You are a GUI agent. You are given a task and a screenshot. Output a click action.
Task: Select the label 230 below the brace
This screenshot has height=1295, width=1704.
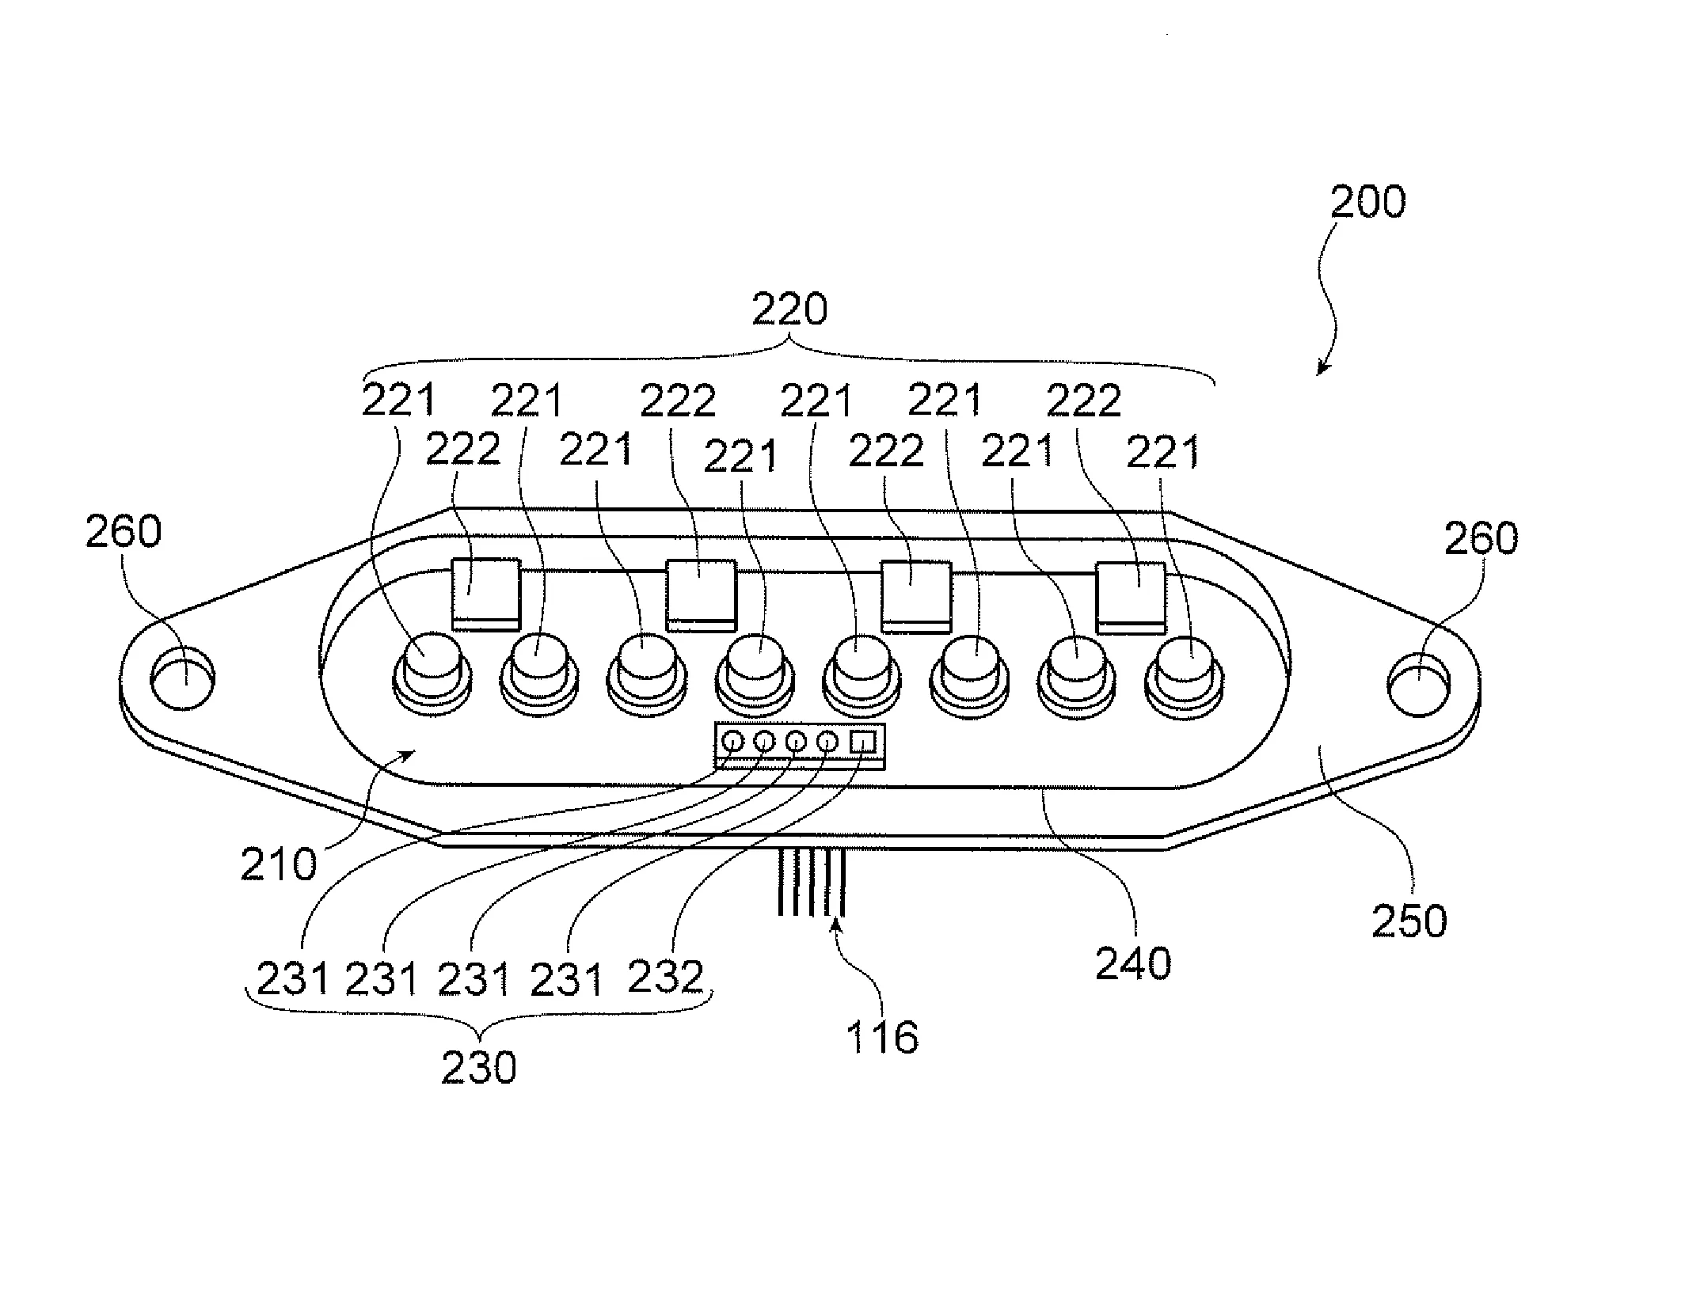(478, 1068)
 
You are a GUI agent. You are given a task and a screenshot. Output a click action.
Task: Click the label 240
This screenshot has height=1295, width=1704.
(1132, 964)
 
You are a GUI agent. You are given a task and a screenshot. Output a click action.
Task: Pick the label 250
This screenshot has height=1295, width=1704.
(1409, 921)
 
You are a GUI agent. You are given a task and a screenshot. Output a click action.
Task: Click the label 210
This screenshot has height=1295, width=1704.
(278, 864)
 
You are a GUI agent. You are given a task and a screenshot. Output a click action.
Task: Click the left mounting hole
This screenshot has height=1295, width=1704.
(182, 679)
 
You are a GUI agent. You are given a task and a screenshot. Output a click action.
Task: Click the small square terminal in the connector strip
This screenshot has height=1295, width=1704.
(862, 742)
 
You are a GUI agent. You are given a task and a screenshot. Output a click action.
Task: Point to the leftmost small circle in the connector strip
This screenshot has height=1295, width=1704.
(733, 742)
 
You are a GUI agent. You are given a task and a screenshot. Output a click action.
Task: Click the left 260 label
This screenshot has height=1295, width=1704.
(124, 531)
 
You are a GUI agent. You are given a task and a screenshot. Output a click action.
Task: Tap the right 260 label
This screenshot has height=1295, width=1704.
(1481, 538)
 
